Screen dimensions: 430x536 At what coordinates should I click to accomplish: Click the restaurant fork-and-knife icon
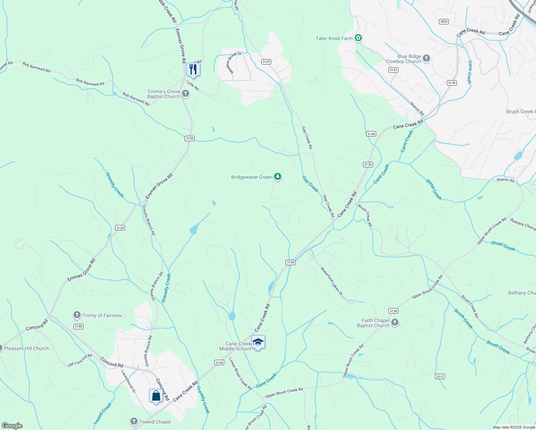tap(193, 69)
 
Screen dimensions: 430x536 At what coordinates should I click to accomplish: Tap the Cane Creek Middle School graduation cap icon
tap(258, 342)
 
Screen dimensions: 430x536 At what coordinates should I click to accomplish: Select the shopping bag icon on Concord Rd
tap(156, 396)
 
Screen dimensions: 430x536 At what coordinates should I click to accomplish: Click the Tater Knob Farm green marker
tap(358, 38)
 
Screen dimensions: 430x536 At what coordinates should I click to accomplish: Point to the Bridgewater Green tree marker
tap(277, 177)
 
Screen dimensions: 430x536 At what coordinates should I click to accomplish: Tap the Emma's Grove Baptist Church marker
tap(185, 94)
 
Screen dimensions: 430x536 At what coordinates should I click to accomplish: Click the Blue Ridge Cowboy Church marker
tap(426, 58)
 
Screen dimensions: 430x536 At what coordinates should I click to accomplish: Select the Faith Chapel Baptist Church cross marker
tap(394, 322)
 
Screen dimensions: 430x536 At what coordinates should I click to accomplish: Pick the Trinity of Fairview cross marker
tap(77, 315)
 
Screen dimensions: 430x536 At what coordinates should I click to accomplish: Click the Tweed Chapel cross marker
tap(134, 422)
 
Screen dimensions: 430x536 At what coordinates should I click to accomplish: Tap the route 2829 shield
tap(444, 21)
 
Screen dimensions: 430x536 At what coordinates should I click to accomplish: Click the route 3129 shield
tap(266, 62)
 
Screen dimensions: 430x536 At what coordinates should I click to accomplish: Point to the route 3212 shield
tap(440, 376)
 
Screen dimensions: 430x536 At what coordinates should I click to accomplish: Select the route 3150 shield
tap(78, 326)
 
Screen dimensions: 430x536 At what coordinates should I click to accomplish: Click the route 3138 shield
tap(393, 311)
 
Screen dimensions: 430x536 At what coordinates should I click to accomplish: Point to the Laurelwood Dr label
tap(128, 381)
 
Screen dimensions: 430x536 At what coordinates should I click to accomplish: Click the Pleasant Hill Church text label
tap(26, 348)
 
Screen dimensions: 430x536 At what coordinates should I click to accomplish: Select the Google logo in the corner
tap(12, 425)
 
